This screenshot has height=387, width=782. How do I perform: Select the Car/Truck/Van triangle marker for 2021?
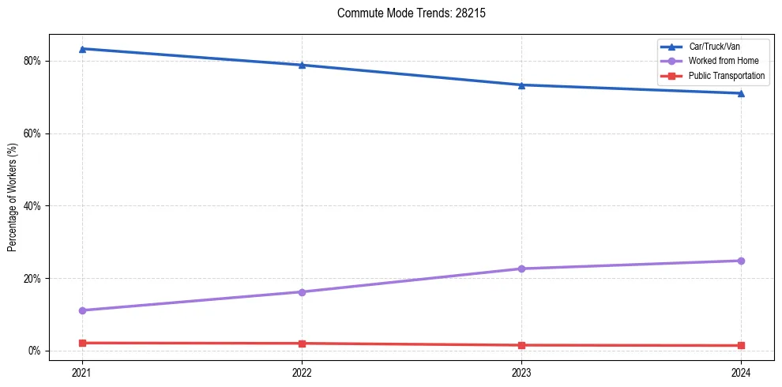(82, 49)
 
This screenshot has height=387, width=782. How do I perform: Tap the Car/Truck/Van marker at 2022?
(302, 65)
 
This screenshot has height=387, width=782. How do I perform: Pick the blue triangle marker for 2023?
(521, 85)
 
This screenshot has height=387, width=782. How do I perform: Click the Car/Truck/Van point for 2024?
(741, 93)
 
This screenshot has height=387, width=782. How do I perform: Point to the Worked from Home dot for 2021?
(82, 310)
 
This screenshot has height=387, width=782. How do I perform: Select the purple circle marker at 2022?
(302, 292)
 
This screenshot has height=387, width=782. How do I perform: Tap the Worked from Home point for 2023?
(521, 269)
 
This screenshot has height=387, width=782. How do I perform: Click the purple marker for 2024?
(741, 261)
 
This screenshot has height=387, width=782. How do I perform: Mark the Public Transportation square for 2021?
(82, 343)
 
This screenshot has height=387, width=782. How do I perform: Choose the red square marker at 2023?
(521, 345)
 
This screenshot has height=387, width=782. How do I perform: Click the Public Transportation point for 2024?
(741, 345)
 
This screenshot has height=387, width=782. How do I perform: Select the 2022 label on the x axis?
(302, 372)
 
